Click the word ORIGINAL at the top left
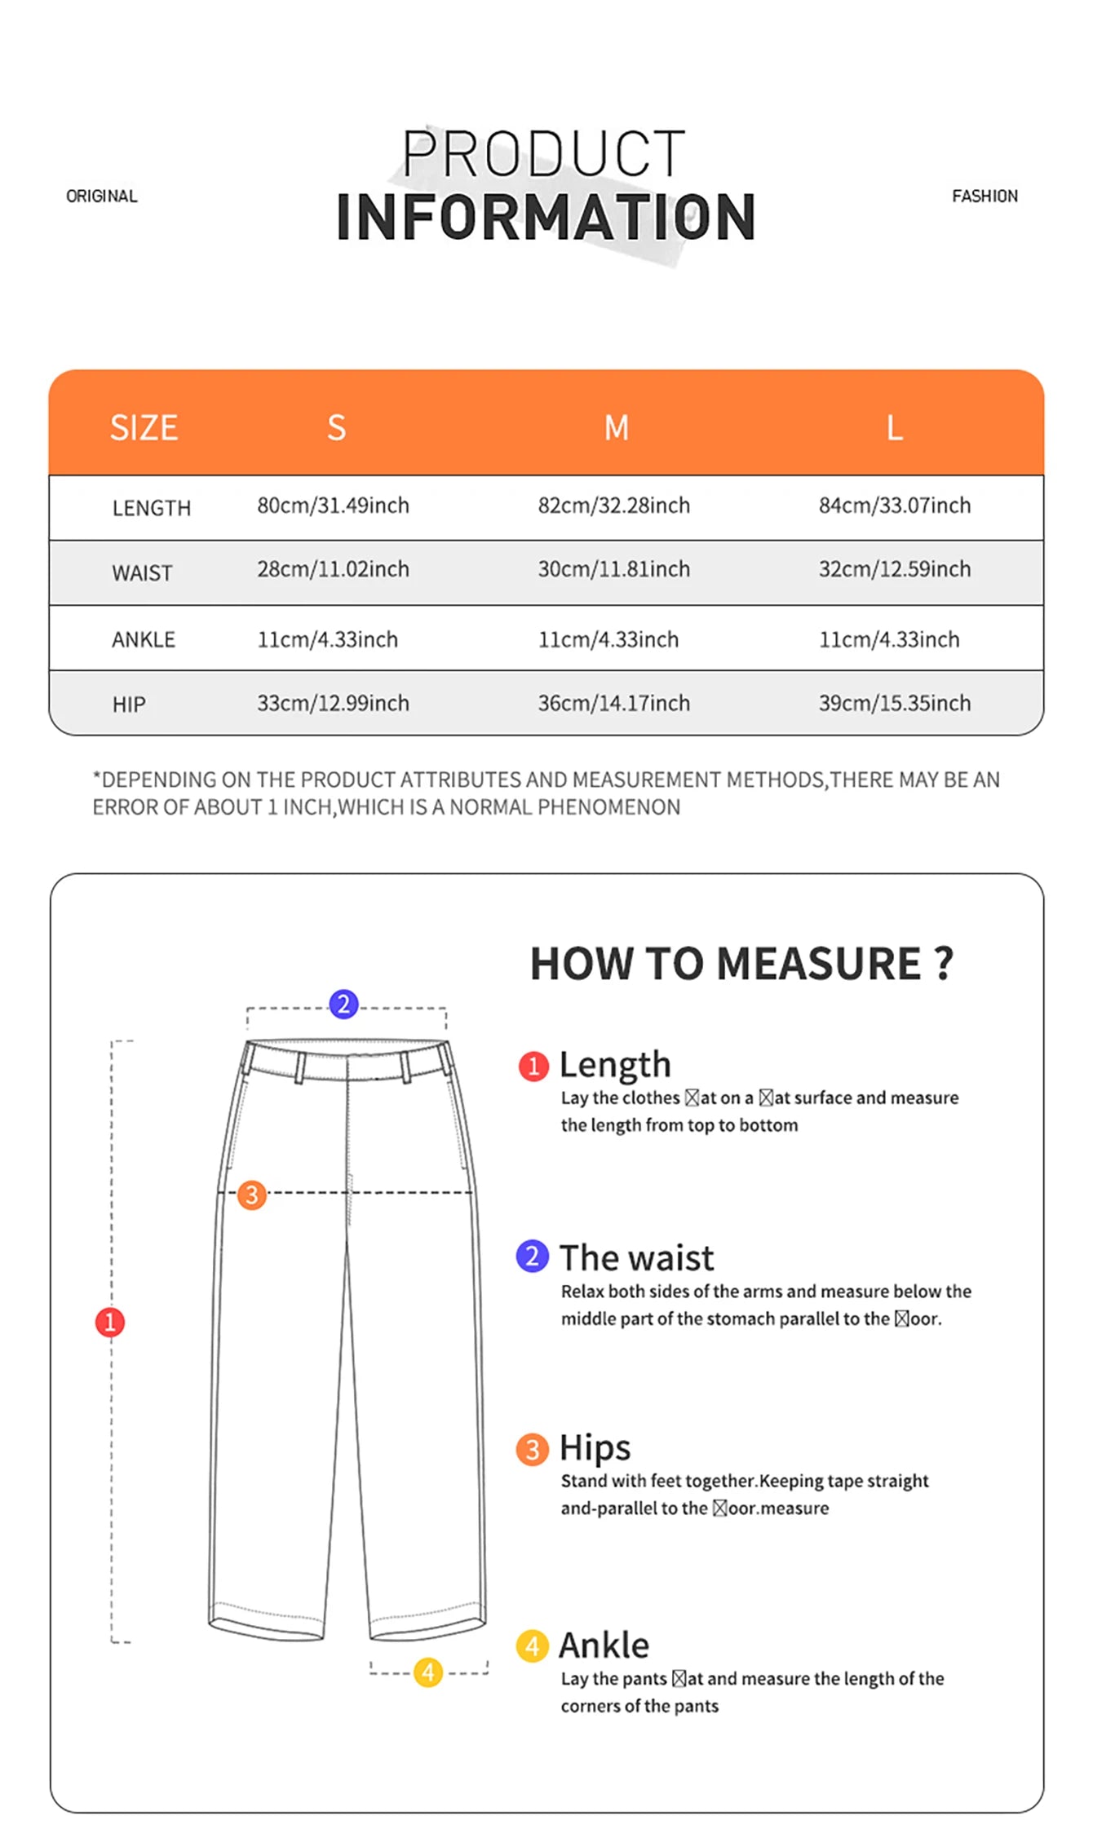(x=102, y=197)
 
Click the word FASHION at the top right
(x=985, y=197)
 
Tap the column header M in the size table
(x=617, y=428)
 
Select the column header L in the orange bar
(x=895, y=428)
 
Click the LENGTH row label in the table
(x=152, y=508)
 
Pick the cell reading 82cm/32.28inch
(x=613, y=506)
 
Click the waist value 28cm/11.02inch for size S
(x=333, y=569)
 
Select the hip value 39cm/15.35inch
(x=895, y=703)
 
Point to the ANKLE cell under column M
(x=608, y=639)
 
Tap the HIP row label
(x=129, y=705)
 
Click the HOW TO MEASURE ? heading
(x=741, y=964)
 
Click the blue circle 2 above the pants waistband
(x=343, y=1004)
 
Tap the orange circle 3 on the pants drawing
(x=251, y=1195)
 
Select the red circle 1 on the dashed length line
(x=110, y=1322)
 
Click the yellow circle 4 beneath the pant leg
(x=428, y=1672)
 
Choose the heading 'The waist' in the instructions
(x=636, y=1258)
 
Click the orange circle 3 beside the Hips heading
(x=532, y=1450)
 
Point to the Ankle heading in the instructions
(x=604, y=1645)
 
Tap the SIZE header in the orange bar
(x=144, y=428)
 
